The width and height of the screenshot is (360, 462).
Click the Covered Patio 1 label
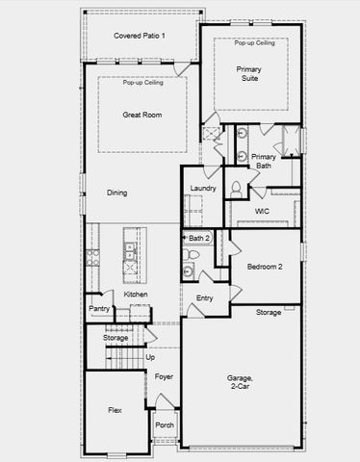coord(140,36)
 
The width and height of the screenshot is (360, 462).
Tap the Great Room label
coord(141,115)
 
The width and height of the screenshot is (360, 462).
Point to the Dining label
coord(117,192)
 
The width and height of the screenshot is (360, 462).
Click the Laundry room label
coord(203,188)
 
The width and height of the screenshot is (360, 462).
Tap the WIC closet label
coord(262,211)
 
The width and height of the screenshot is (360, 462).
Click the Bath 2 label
coord(199,238)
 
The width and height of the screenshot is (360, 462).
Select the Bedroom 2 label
coord(264,267)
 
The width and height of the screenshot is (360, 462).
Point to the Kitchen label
coord(136,294)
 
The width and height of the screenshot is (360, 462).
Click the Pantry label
coord(99,309)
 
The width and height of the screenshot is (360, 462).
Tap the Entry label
coord(205,298)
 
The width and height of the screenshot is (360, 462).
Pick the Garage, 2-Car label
coord(241,381)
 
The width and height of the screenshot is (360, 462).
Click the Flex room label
coord(115,410)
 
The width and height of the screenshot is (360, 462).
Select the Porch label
coord(165,424)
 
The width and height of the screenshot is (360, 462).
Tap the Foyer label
coord(165,376)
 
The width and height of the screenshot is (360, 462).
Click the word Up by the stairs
coord(149,357)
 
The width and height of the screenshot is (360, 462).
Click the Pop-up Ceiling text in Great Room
coord(141,83)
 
